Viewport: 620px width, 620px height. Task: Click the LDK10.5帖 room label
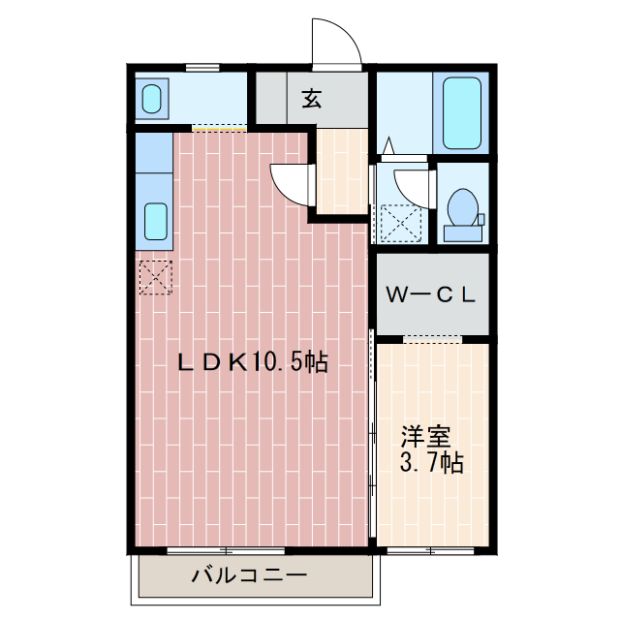pyautogui.click(x=253, y=362)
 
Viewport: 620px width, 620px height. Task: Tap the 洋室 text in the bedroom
pyautogui.click(x=426, y=437)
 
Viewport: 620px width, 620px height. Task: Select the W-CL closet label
pyautogui.click(x=430, y=294)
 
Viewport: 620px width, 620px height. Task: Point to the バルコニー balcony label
pyautogui.click(x=250, y=574)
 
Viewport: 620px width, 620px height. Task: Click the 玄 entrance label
pyautogui.click(x=312, y=99)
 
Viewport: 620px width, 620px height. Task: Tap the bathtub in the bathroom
pyautogui.click(x=461, y=112)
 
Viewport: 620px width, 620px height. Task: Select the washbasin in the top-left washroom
pyautogui.click(x=152, y=99)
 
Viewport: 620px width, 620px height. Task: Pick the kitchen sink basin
pyautogui.click(x=156, y=222)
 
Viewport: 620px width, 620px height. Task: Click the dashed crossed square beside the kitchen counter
pyautogui.click(x=156, y=277)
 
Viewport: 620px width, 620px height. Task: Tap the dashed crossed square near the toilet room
pyautogui.click(x=401, y=224)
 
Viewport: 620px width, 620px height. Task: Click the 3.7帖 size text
pyautogui.click(x=431, y=462)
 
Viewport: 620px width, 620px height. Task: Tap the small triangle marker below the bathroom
pyautogui.click(x=389, y=145)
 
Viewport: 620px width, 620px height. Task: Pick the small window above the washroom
pyautogui.click(x=202, y=68)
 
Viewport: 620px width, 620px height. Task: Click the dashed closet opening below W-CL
pyautogui.click(x=433, y=339)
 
